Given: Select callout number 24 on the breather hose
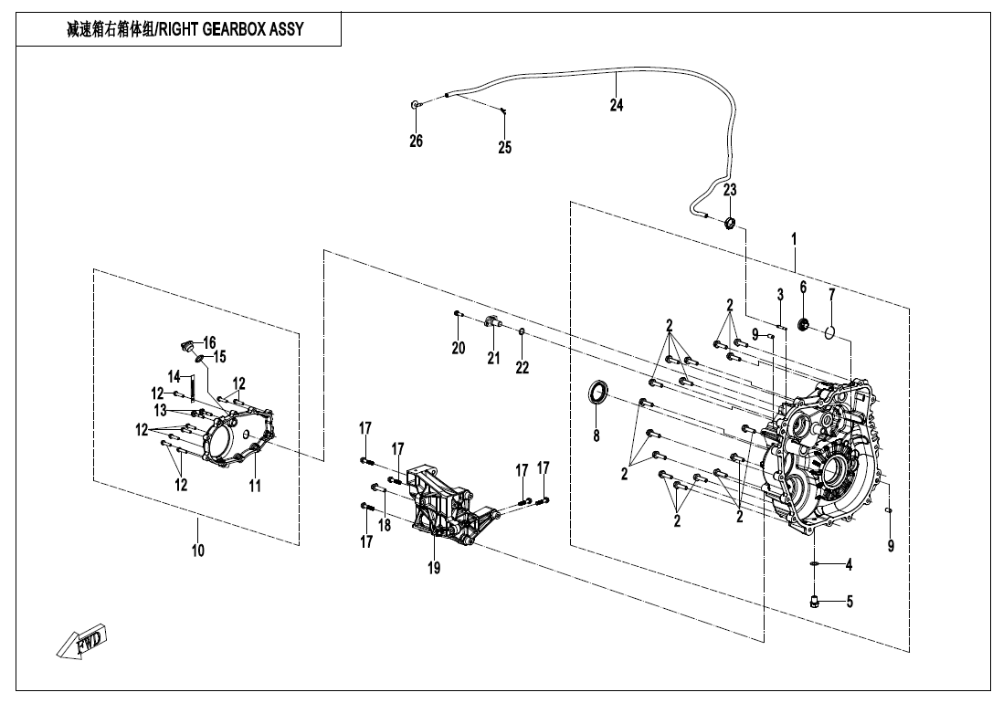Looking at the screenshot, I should (617, 106).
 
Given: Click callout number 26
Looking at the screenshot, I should (416, 142).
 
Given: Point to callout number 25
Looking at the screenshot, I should (504, 147).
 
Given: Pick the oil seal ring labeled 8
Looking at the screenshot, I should (597, 393).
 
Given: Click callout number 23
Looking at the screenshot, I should (730, 190).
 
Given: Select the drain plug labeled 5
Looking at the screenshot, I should (815, 600).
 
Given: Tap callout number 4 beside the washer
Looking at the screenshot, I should (849, 565).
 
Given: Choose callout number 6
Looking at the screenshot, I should (803, 287).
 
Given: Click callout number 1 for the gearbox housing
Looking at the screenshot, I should (794, 238).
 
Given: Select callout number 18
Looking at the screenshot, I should (385, 525).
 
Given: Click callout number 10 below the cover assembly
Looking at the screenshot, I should (198, 551).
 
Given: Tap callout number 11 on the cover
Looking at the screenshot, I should (255, 486).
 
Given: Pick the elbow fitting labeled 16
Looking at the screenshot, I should (185, 346).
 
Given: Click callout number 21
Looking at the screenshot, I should (493, 358).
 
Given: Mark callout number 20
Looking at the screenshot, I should (459, 348).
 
